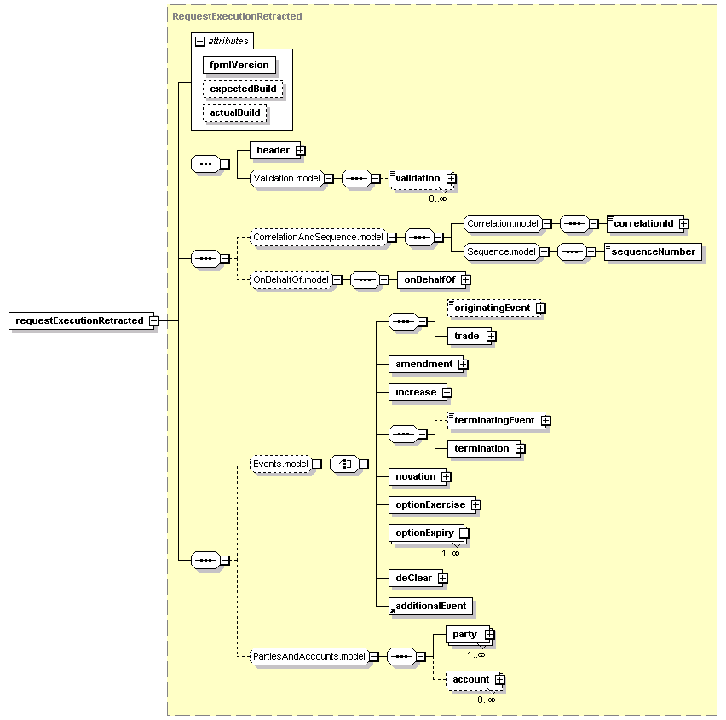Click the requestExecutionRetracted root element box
(82, 320)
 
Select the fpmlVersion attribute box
(239, 66)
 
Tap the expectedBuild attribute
(243, 89)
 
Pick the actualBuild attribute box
(235, 113)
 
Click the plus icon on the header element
(301, 151)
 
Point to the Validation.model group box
(286, 178)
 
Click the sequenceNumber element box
(653, 252)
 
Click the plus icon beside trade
(492, 337)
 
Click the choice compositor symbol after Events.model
(344, 464)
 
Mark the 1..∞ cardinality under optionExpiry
(451, 553)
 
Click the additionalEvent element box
(430, 606)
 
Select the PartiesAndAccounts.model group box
(309, 657)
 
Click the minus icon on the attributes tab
(200, 42)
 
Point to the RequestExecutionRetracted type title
(237, 17)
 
